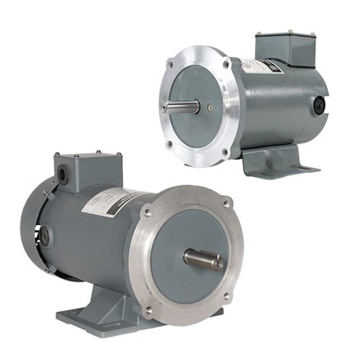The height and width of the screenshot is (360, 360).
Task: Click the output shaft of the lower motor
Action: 204,260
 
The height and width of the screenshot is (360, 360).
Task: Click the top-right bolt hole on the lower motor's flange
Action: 226,203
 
